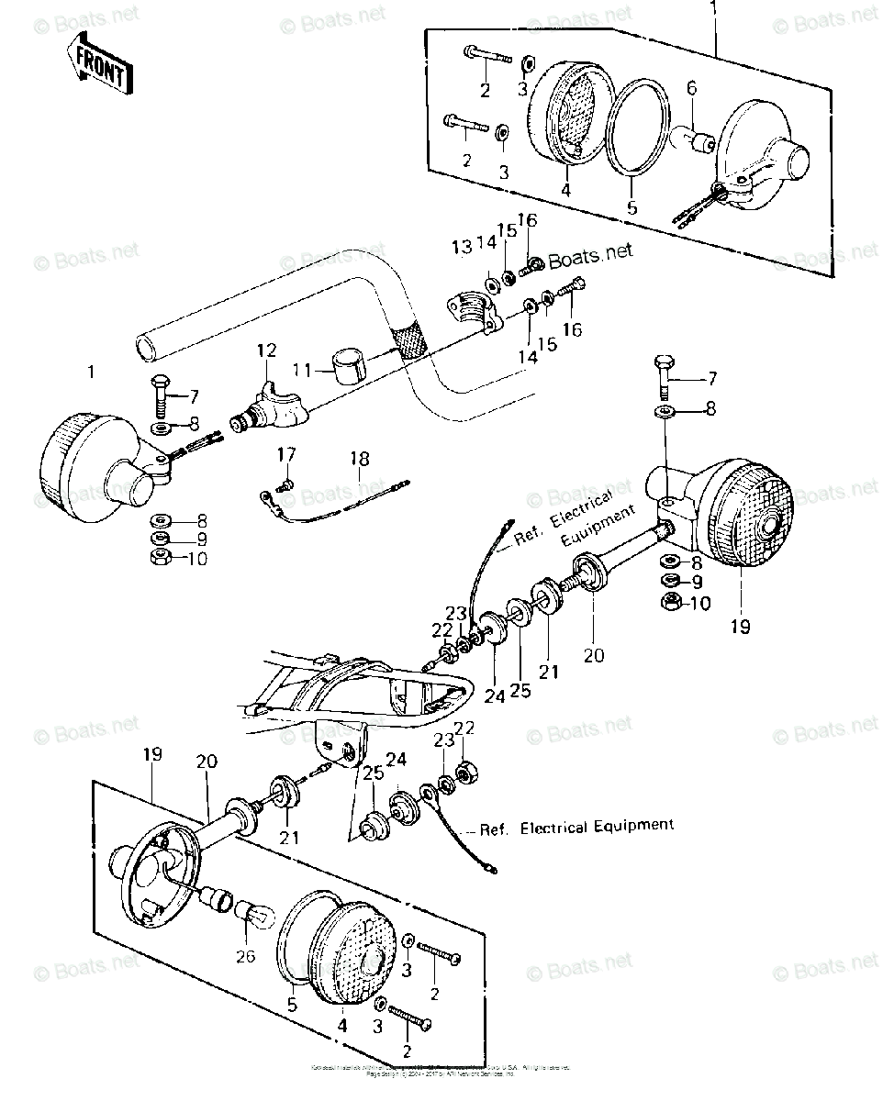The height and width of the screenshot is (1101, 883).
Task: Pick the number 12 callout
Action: coord(266,350)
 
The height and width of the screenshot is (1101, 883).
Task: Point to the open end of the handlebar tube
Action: coord(144,348)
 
